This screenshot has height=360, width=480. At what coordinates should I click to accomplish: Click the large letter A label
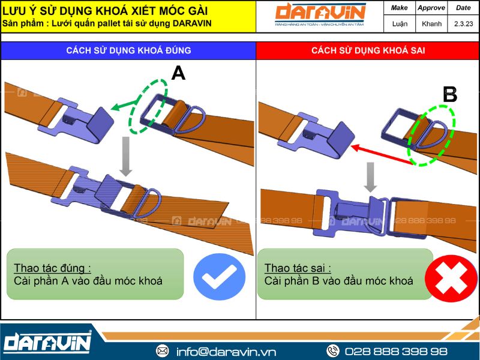pyautogui.click(x=178, y=73)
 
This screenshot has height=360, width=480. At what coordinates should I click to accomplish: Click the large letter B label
pyautogui.click(x=450, y=94)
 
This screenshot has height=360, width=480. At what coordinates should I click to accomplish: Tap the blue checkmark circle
pyautogui.click(x=219, y=277)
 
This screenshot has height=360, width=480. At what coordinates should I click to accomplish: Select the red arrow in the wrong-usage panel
pyautogui.click(x=382, y=155)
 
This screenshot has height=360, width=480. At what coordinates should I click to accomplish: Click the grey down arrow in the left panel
pyautogui.click(x=125, y=156)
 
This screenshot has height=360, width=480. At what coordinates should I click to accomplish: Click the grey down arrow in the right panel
pyautogui.click(x=370, y=177)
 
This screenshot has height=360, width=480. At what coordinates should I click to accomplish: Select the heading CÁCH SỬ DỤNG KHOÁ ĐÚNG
pyautogui.click(x=128, y=50)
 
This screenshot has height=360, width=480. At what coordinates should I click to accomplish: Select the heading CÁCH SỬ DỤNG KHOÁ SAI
pyautogui.click(x=368, y=50)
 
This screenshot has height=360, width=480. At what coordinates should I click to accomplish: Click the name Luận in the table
pyautogui.click(x=400, y=23)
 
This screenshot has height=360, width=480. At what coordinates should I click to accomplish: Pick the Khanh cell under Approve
pyautogui.click(x=431, y=23)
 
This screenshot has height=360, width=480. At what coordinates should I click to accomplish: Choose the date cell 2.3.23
pyautogui.click(x=463, y=23)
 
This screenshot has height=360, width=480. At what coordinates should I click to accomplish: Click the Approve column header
pyautogui.click(x=431, y=8)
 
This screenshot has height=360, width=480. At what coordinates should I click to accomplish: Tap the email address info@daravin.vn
pyautogui.click(x=226, y=352)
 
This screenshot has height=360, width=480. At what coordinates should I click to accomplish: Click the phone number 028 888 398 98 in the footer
pyautogui.click(x=396, y=351)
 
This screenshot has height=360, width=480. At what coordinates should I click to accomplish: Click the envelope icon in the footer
pyautogui.click(x=162, y=351)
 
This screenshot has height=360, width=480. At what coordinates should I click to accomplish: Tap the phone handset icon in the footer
pyautogui.click(x=333, y=351)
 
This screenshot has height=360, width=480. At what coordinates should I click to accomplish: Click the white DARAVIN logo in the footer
pyautogui.click(x=47, y=341)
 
